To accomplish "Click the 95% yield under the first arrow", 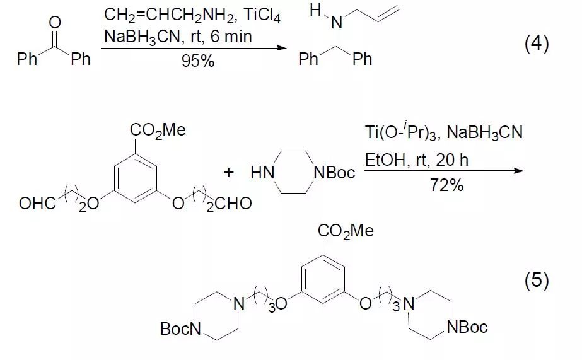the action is (198, 61).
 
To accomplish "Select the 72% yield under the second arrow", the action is (446, 185).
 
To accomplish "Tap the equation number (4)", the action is (537, 44).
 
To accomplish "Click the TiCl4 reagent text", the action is (262, 16).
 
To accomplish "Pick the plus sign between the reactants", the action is (228, 172).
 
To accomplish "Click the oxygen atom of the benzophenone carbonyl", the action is (55, 22).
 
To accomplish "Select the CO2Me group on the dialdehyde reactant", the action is (158, 131).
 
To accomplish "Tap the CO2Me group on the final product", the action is (346, 231).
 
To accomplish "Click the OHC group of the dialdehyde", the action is (37, 204).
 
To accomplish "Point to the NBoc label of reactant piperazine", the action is (334, 173).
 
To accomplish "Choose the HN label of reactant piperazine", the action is (262, 173).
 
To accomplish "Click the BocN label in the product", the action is (180, 328).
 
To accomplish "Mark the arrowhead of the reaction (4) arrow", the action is (283, 47).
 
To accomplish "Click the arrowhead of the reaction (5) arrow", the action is (519, 171).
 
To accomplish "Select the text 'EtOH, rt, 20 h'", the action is (416, 160).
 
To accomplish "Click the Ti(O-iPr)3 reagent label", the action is (402, 132).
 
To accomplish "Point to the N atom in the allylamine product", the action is (336, 23).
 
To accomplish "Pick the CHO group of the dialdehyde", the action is (233, 204).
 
